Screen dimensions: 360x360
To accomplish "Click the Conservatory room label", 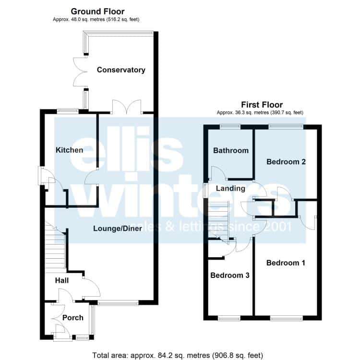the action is pos(121,70).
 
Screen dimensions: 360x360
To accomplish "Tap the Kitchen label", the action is pos(69,150).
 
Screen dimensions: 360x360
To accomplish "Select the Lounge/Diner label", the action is pos(118,228).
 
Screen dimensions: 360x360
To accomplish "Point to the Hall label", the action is pos(62,280).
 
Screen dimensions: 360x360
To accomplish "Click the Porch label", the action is pos(73,318).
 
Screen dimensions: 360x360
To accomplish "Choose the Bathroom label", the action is pos(231,150).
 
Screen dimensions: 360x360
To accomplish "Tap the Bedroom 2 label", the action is pos(286,162).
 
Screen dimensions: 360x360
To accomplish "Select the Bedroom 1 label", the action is pos(286,263).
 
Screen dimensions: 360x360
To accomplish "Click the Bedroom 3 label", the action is pos(230,275).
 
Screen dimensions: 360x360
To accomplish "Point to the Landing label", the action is pos(230,189).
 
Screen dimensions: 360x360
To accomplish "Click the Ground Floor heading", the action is pos(97,12).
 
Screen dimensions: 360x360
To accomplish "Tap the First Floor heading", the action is pos(262,105).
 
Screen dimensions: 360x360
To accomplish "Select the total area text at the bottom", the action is pos(178,355).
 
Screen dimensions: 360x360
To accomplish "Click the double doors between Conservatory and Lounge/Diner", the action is pos(127,107).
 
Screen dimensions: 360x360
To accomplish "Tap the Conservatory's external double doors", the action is pos(80,72).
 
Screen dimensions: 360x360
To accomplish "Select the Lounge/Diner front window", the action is pos(118,303).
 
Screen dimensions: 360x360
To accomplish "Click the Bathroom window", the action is pos(230,126).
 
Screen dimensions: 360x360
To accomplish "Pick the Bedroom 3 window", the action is pos(229,318).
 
